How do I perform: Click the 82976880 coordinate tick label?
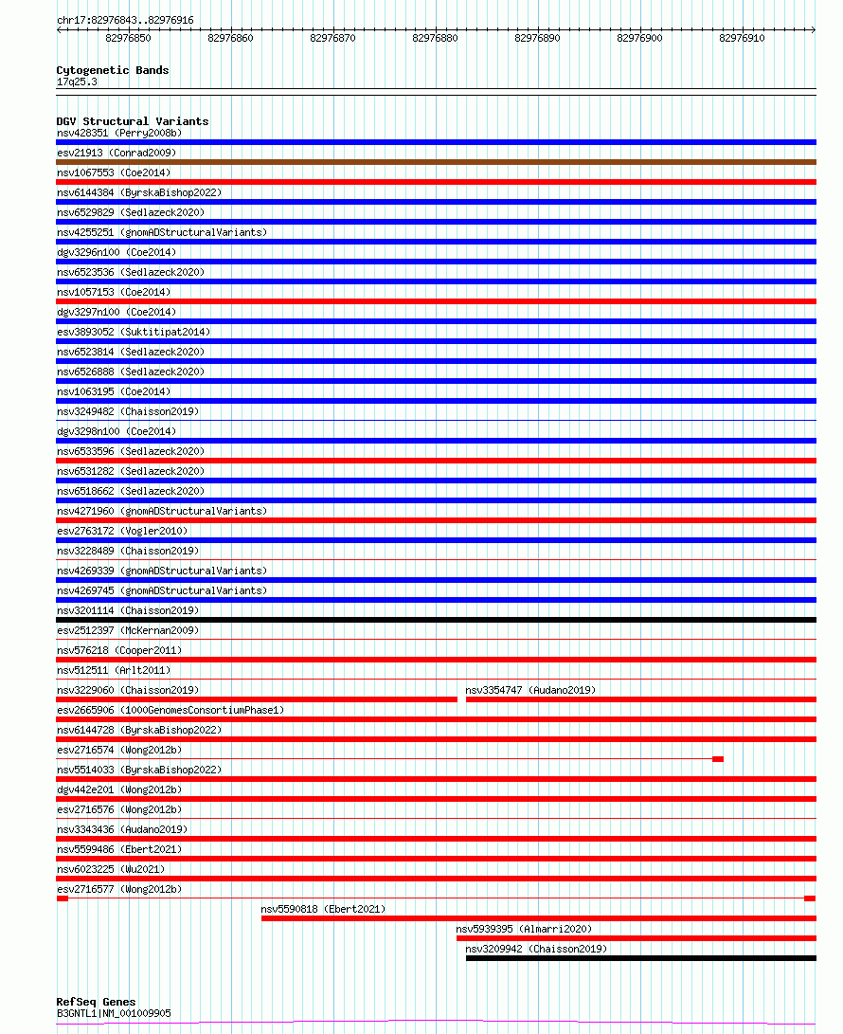point(435,39)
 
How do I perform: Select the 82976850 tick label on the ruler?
point(128,39)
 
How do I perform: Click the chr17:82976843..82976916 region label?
point(124,20)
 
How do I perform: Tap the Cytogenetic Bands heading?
point(112,70)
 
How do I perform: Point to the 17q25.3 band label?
point(77,82)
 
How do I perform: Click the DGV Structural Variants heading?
point(132,121)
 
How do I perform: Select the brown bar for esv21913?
point(436,162)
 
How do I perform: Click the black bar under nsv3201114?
point(436,620)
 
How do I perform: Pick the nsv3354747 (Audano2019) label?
point(530,690)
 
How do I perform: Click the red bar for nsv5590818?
point(538,917)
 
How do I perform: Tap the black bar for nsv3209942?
point(640,958)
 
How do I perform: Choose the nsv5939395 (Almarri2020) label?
point(523,929)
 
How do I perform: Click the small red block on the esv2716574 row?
point(718,759)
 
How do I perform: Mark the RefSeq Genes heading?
point(96,1002)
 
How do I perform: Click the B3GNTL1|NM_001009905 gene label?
point(114,1013)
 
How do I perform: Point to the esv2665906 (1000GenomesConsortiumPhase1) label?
point(170,710)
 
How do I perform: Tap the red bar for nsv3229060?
point(256,699)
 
